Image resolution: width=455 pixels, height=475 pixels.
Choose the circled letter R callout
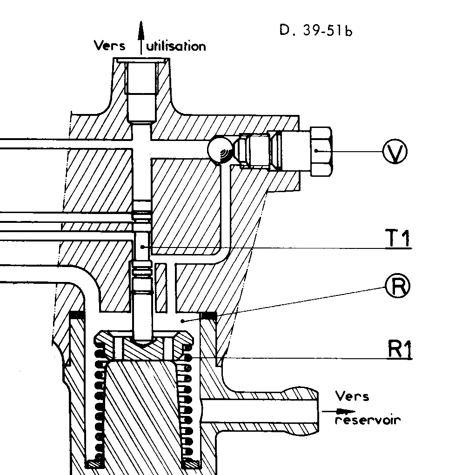coord(397,286)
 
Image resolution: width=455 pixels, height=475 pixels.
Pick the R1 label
coord(399,350)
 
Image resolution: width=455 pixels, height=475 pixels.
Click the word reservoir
coord(368,420)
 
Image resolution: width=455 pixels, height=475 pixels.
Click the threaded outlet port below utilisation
coord(142,88)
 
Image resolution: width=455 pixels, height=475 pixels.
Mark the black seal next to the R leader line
coord(209,316)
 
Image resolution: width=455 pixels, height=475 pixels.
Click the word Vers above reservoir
coord(352,396)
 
